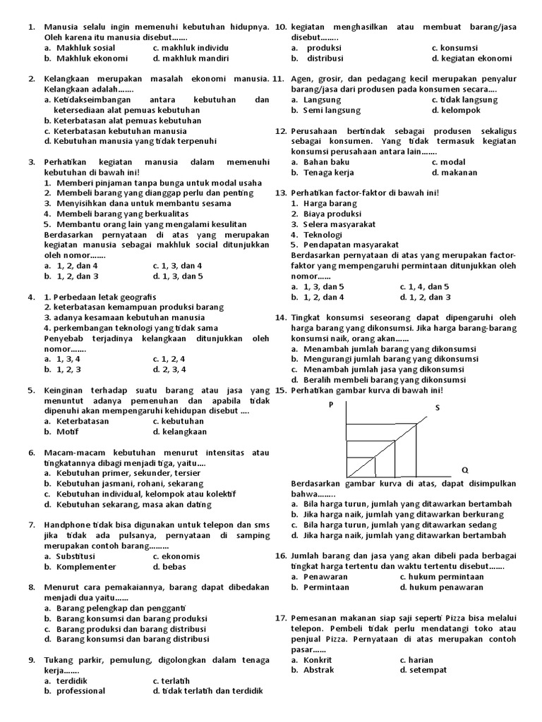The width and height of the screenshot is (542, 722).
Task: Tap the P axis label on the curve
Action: point(330,404)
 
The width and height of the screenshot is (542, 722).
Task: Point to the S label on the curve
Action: point(437,408)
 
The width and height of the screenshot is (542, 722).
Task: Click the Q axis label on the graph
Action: point(464,470)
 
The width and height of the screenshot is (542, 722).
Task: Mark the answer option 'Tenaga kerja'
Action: point(328,172)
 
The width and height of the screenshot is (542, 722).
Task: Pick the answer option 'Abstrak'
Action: point(318,670)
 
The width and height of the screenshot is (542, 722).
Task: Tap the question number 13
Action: point(280,192)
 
